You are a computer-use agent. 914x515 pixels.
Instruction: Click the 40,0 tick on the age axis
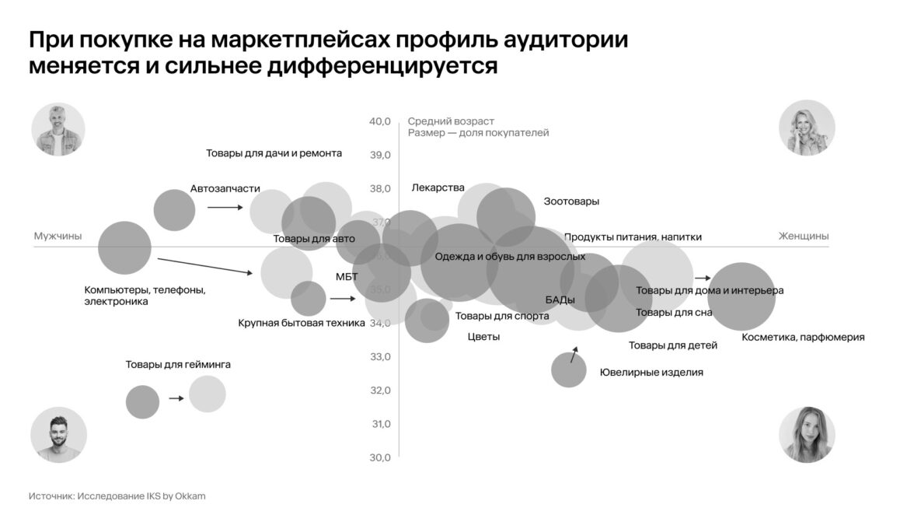tap(380, 121)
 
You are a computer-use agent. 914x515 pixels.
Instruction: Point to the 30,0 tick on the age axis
tap(380, 457)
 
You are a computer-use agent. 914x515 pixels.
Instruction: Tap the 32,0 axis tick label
tap(380, 391)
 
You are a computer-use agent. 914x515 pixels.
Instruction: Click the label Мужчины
tap(58, 236)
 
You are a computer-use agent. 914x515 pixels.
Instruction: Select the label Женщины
tap(803, 236)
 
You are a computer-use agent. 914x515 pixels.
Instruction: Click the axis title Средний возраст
tap(451, 121)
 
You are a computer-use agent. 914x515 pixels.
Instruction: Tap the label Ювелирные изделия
tap(651, 373)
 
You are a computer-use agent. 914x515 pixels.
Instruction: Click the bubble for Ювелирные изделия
tap(569, 370)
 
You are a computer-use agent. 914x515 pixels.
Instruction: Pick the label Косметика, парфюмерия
tap(803, 338)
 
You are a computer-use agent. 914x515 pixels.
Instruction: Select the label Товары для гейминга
tap(178, 364)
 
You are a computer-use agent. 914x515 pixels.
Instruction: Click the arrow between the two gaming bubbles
tap(176, 398)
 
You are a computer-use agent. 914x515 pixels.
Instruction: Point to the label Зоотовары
tap(571, 201)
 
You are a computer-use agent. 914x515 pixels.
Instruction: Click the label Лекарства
tap(438, 187)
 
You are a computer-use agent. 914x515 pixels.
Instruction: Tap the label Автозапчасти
tap(225, 189)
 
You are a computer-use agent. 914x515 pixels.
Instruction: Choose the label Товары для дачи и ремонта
tap(274, 153)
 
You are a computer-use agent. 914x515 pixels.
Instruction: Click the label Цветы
tap(483, 337)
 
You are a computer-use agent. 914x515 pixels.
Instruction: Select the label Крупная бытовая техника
tap(302, 323)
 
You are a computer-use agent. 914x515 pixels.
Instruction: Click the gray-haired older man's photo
tap(58, 129)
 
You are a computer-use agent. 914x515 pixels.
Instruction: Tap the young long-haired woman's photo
tap(807, 434)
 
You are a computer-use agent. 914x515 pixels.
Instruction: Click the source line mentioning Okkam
tap(117, 496)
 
